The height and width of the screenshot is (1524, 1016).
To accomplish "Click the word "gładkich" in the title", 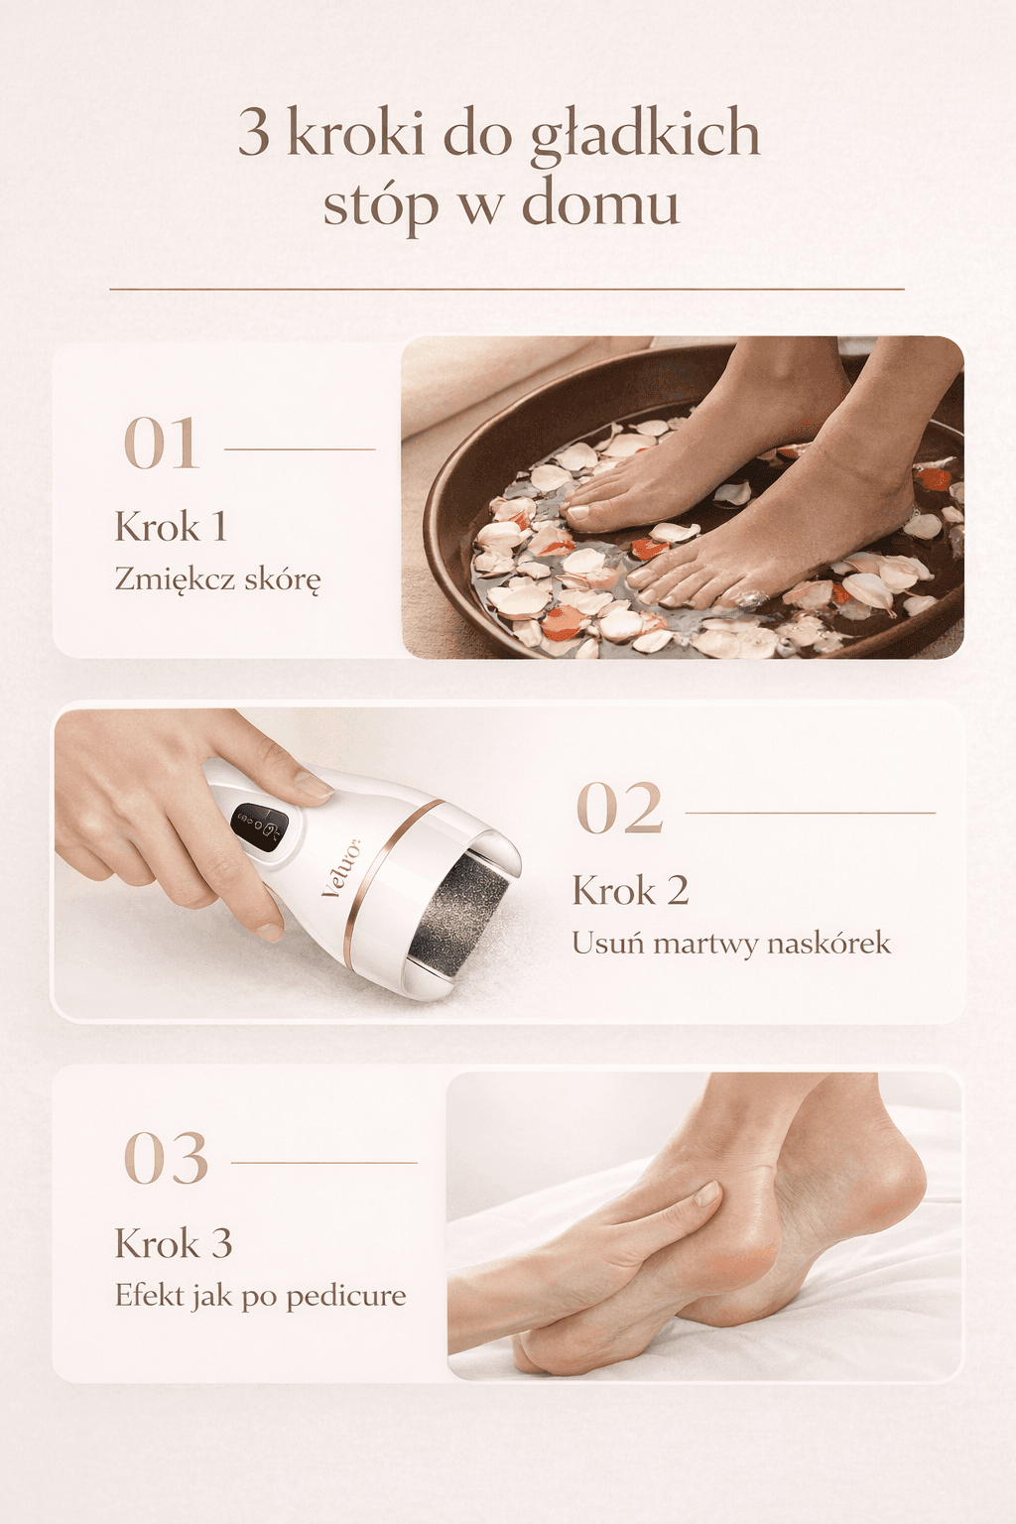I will point(645,134).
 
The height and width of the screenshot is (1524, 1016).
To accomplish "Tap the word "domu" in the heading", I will point(600,203).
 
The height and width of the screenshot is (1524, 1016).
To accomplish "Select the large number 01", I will point(162,444).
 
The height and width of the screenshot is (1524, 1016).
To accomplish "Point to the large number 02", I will point(619,809).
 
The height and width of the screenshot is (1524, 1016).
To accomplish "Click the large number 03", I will point(166,1158).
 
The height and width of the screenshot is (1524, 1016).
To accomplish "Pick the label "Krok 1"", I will point(171,527).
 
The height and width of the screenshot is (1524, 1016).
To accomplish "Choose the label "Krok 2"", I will point(630,891).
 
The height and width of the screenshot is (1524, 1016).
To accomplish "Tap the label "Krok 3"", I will point(174,1243).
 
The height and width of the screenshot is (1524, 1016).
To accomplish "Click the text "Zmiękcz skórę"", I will point(217,578).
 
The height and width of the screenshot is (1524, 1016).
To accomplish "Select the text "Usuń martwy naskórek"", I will point(731,943).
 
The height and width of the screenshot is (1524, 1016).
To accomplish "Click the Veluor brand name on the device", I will point(341,870).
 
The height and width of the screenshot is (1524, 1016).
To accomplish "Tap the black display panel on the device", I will point(259,824).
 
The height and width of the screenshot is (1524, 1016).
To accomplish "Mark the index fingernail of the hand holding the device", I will point(314,787).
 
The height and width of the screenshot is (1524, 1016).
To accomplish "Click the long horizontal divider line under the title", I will point(507,289).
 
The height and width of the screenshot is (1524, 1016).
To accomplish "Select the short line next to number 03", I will point(323,1162).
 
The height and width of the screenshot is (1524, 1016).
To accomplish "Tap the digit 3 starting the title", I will point(254,134).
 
